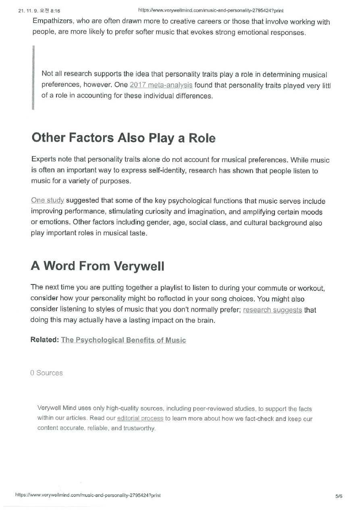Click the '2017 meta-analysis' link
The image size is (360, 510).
pos(161,85)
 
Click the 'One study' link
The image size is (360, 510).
pos(48,201)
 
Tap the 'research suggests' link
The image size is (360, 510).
pos(273,310)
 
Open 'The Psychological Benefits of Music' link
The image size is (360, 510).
pos(123,340)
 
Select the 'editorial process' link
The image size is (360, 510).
pos(140,418)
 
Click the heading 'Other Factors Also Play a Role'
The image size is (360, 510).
pos(123,138)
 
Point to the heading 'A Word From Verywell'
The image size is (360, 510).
pos(98,266)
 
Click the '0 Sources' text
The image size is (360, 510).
pos(46,373)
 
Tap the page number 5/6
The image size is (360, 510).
pos(338,496)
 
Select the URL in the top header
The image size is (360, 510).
pos(210,10)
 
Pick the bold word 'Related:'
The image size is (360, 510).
pos(44,340)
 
